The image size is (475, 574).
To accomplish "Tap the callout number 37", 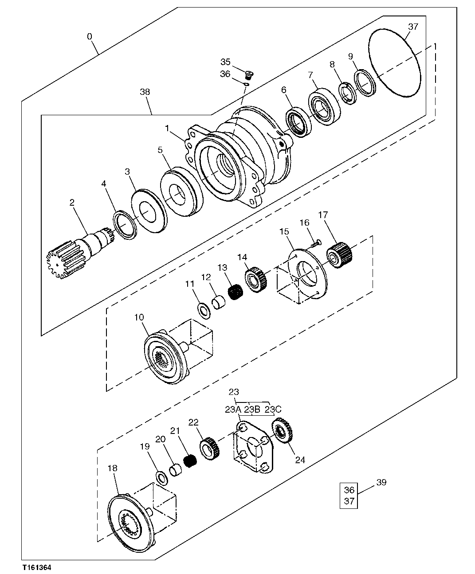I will pyautogui.click(x=413, y=27).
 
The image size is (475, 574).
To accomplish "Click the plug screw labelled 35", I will pyautogui.click(x=249, y=74).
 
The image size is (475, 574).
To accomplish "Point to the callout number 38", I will pyautogui.click(x=145, y=92).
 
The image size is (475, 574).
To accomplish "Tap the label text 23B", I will pyautogui.click(x=252, y=410).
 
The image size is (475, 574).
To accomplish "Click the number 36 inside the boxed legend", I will pyautogui.click(x=349, y=490).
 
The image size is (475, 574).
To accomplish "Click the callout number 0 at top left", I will pyautogui.click(x=90, y=36).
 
